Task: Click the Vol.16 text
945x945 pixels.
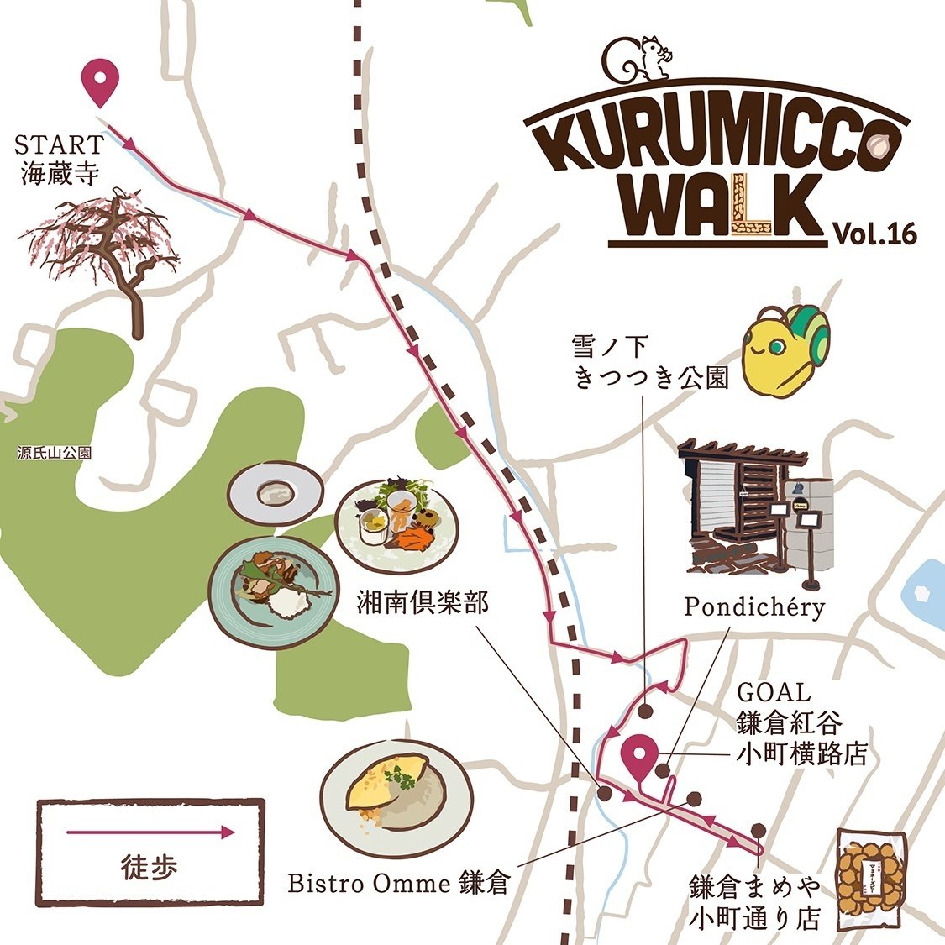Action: pos(874,234)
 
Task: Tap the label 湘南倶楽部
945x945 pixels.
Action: pos(423,604)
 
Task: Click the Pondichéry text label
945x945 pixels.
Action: pos(753,606)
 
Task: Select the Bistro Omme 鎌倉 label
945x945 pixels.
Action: pos(398,884)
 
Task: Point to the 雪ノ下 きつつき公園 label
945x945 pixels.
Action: pos(649,362)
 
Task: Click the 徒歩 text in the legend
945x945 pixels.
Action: pos(150,866)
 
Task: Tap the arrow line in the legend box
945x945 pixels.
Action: pos(150,832)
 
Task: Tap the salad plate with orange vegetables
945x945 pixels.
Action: pos(396,522)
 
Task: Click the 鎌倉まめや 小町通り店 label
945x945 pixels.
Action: pos(753,902)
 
